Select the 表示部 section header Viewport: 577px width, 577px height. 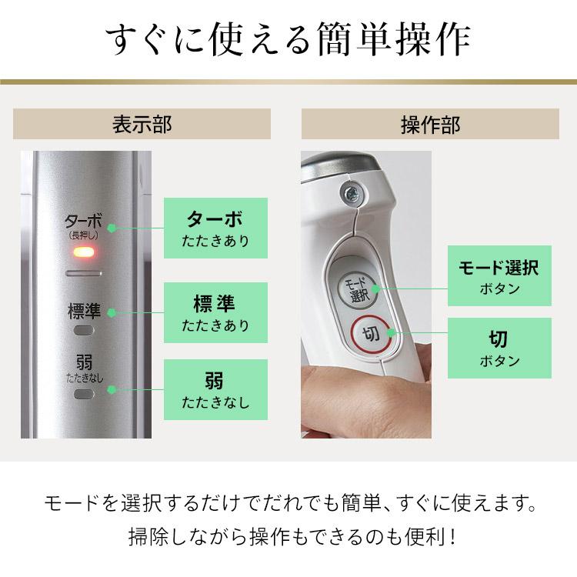142,124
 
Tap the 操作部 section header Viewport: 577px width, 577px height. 430,124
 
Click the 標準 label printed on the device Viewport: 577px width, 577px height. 83,312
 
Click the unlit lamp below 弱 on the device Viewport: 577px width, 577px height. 83,392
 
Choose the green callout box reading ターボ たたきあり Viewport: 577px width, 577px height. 215,228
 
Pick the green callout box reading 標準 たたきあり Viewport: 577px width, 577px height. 215,312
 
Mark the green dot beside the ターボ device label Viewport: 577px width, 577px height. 112,228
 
